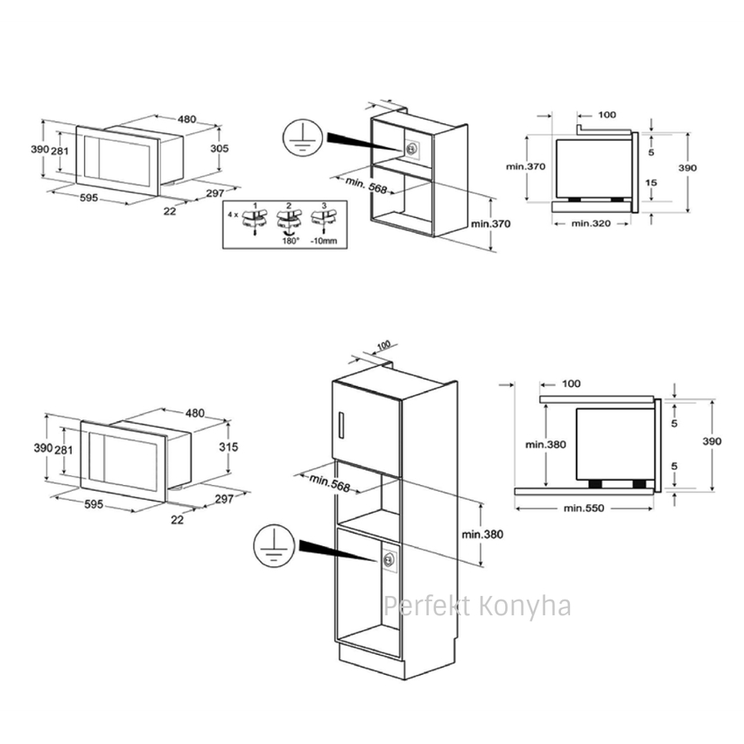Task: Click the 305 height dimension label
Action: pos(219,149)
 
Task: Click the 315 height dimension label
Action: pos(228,447)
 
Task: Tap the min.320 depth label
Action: pos(591,223)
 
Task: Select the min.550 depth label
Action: pos(584,509)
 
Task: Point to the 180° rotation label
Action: pos(291,241)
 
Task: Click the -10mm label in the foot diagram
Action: pos(324,241)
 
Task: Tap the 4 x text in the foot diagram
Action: pos(233,214)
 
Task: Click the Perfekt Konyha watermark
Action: pos(477,607)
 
